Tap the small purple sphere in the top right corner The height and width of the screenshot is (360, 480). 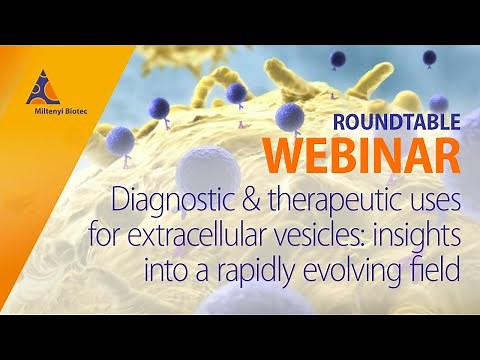[x=429, y=57]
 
